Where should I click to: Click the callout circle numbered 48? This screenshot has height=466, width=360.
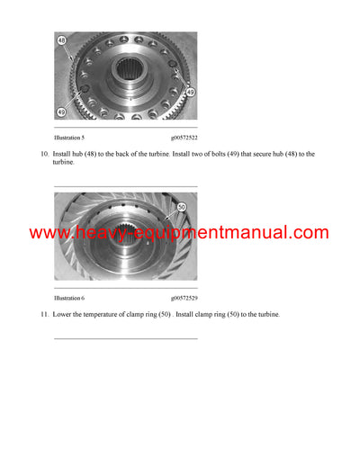pyautogui.click(x=61, y=41)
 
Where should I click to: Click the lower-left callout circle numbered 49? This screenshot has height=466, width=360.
pyautogui.click(x=61, y=112)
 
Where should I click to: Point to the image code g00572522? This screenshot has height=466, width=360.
pyautogui.click(x=185, y=138)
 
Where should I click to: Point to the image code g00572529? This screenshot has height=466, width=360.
pyautogui.click(x=185, y=297)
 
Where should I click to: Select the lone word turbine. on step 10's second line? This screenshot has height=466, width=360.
pyautogui.click(x=66, y=162)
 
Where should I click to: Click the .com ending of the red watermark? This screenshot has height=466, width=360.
pyautogui.click(x=310, y=233)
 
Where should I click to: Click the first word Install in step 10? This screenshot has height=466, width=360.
pyautogui.click(x=64, y=154)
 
